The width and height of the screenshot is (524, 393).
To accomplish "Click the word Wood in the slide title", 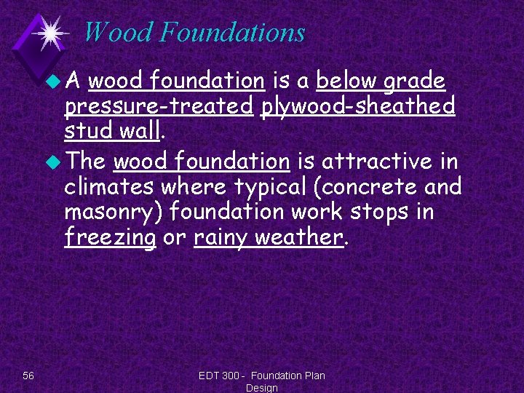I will point(118,33).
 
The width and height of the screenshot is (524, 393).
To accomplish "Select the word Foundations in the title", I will point(231,33).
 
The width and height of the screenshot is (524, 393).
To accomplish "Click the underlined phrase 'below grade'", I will point(381,81).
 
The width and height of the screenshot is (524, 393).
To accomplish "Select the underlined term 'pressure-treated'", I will point(158,107).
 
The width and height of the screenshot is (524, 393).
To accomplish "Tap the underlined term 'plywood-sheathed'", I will point(358,107).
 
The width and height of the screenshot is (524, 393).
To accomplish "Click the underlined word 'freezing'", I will point(110,238).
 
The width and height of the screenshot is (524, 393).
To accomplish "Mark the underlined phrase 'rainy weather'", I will point(268,238).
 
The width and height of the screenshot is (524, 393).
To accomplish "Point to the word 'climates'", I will point(109,186).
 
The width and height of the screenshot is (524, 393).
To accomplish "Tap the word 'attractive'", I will point(372,160).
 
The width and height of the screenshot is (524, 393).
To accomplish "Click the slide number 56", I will point(28,376).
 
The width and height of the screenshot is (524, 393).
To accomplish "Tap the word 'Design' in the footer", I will point(261,388).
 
